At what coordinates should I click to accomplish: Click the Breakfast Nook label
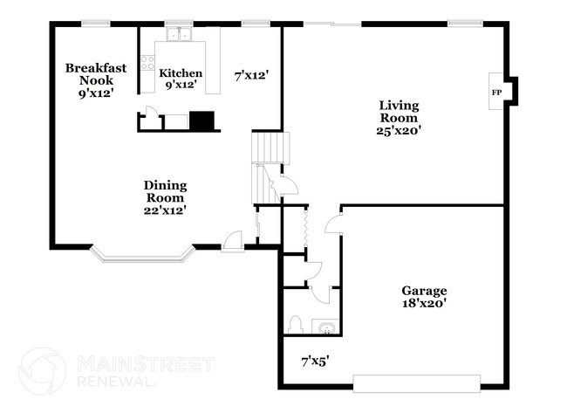pos(96,73)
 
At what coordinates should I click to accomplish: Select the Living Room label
pos(398,112)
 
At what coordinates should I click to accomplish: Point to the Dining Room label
pos(165,191)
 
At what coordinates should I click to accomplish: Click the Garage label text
pos(424,291)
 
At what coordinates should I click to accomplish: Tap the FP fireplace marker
pos(496,92)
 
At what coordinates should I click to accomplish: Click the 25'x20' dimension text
pos(400,130)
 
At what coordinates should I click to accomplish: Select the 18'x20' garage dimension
pos(424,304)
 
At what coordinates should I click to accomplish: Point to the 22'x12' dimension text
pos(165,210)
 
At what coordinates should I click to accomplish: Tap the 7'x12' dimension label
pos(250,77)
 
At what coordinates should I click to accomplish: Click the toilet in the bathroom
pos(295,324)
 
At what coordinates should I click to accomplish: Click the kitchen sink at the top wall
pos(181,36)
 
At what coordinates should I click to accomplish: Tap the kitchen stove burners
pos(148,62)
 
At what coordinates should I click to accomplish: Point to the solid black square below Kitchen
pos(202,120)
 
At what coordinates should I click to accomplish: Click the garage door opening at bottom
pos(416,382)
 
